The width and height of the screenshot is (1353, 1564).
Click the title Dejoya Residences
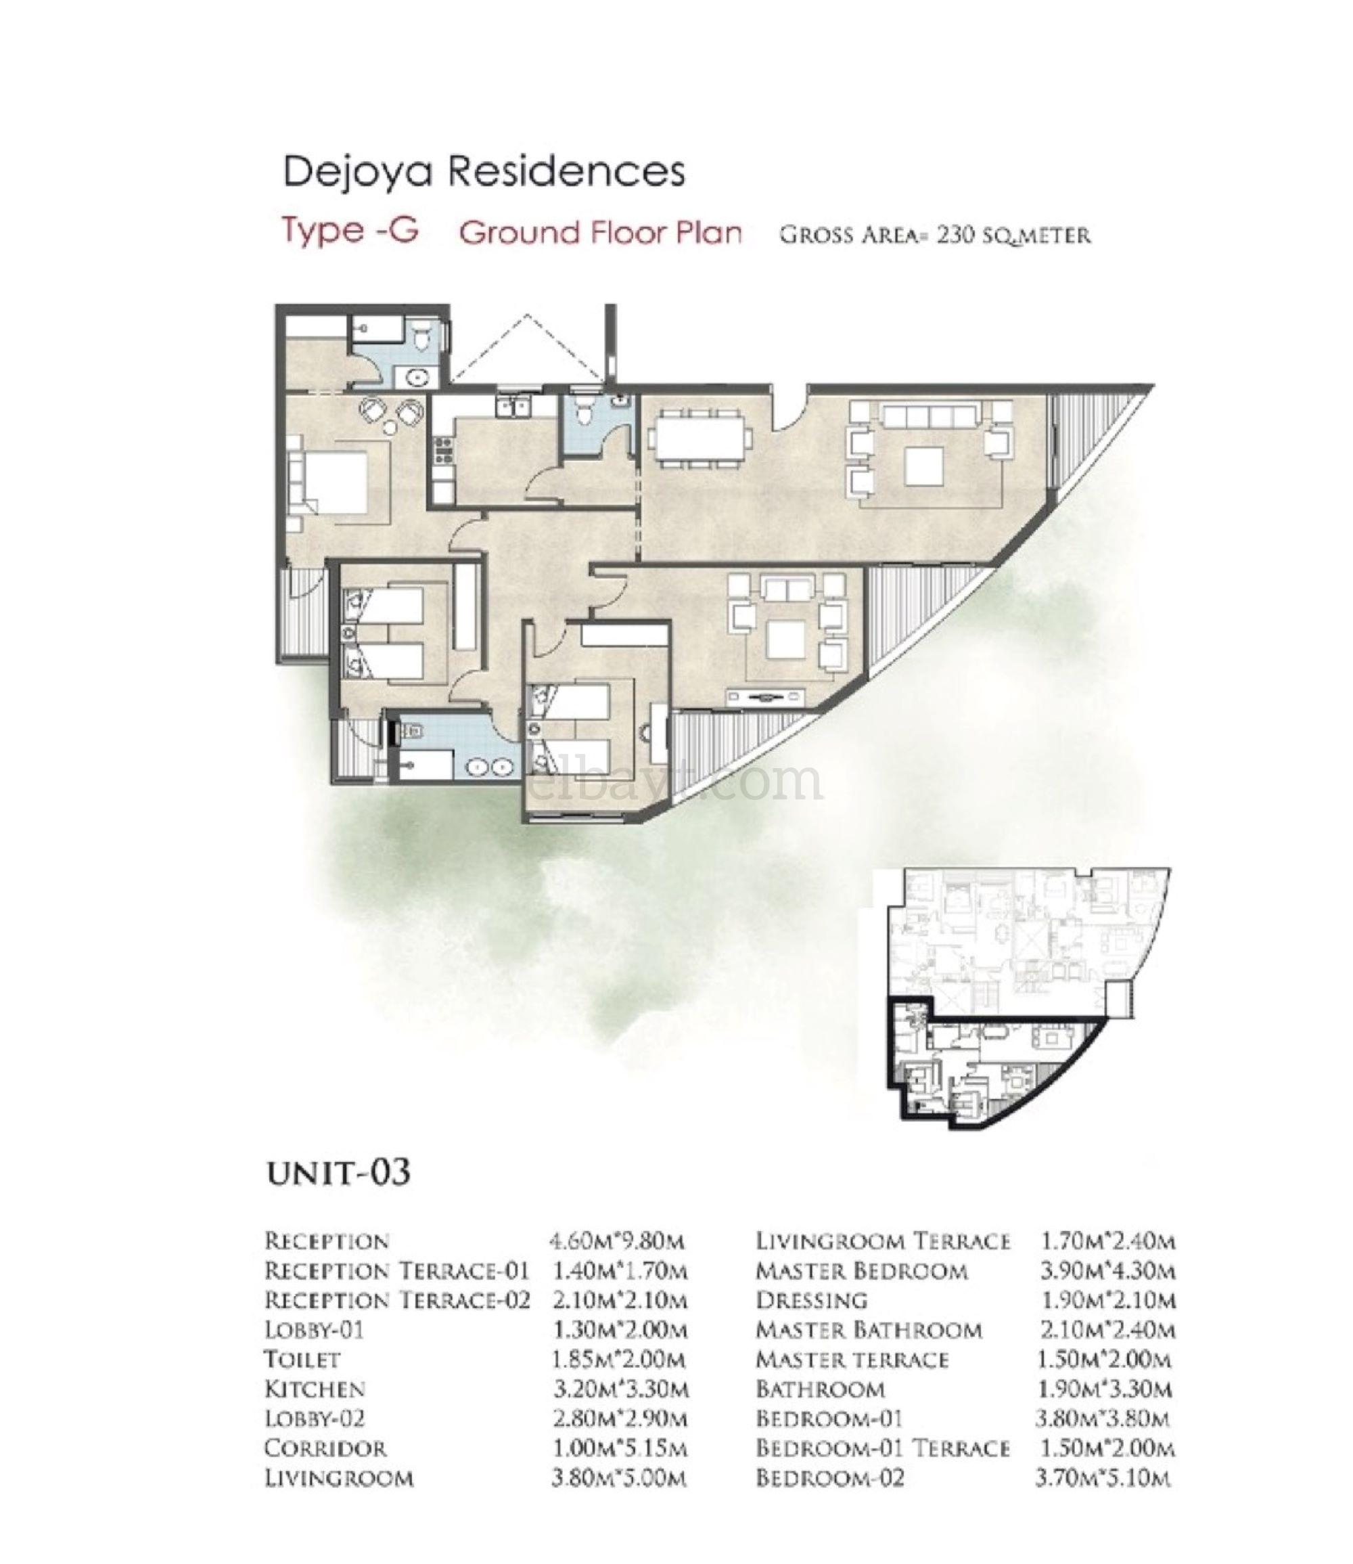tap(483, 171)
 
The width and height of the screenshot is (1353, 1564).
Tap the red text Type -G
tap(350, 229)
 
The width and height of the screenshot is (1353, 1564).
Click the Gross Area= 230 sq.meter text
tap(935, 235)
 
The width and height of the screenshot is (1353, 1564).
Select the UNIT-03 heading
tap(339, 1173)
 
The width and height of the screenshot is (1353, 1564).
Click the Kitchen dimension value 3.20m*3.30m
tap(619, 1389)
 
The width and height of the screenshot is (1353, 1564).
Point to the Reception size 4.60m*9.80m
tap(617, 1241)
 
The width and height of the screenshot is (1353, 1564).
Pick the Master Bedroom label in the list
tap(861, 1271)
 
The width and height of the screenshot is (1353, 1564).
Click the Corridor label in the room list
tap(325, 1448)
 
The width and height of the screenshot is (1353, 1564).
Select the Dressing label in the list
tap(812, 1301)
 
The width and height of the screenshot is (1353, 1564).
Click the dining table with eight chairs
tap(699, 438)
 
